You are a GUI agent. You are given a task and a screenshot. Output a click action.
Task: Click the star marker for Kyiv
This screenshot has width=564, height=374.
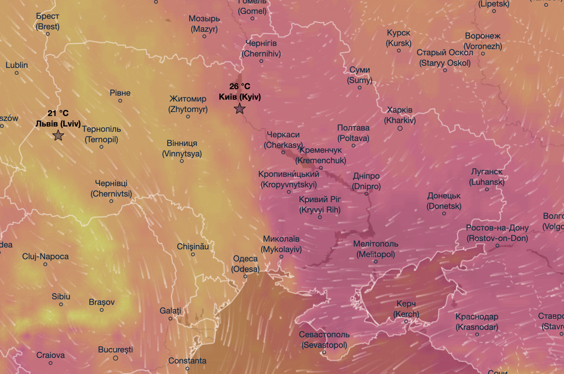click(x=239, y=109)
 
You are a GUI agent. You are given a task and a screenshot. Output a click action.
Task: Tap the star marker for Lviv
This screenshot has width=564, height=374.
click(x=58, y=135)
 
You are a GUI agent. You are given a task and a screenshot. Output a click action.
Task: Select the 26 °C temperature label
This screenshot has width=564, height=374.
click(x=239, y=87)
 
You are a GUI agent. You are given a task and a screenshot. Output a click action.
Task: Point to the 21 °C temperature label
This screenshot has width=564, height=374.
click(x=58, y=113)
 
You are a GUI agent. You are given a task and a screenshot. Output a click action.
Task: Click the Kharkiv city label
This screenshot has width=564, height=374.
click(x=400, y=115)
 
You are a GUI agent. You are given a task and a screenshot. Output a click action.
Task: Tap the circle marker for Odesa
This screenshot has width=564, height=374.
click(x=245, y=277)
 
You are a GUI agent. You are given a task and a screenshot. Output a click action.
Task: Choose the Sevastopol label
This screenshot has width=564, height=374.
click(x=324, y=340)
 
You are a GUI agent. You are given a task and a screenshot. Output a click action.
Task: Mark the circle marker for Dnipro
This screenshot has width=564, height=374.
click(x=367, y=193)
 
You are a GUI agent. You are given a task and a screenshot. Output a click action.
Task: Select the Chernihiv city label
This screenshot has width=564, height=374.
click(x=261, y=49)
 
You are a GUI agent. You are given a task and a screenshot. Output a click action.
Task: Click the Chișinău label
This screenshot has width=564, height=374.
click(x=193, y=247)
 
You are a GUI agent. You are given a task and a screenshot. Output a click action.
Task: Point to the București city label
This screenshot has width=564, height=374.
click(x=115, y=350)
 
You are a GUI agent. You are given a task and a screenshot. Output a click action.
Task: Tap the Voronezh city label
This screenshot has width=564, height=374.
click(x=483, y=41)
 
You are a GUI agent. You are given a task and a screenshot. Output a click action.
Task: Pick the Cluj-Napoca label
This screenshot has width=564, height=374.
click(x=45, y=257)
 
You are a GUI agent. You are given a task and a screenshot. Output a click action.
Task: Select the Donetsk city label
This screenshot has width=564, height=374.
click(x=444, y=201)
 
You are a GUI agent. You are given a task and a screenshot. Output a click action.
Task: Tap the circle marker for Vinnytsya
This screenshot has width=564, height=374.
click(x=182, y=161)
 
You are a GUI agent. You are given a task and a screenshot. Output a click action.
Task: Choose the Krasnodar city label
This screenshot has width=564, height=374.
click(x=477, y=322)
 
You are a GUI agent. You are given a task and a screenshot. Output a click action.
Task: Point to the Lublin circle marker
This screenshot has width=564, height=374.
click(x=17, y=73)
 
